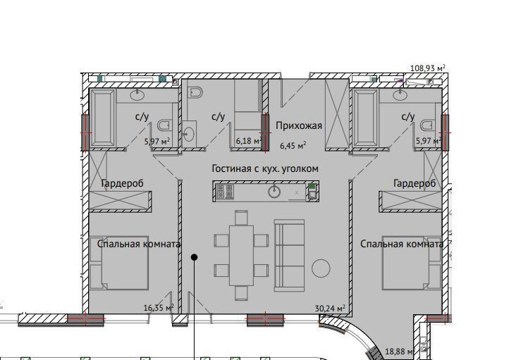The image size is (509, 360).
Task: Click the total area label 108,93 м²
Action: (427, 68)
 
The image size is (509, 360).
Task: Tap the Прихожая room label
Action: (299, 126)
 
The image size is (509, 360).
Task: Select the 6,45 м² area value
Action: (293, 146)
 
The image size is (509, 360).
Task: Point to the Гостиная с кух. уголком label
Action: (265, 168)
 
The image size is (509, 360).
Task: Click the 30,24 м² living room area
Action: (330, 308)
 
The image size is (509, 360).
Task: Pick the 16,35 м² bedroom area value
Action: (159, 307)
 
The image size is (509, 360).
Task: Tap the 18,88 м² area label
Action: (399, 352)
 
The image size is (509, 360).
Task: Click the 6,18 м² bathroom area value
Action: (249, 141)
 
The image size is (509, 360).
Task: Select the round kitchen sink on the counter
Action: (274, 192)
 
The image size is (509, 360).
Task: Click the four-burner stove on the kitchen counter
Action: (224, 191)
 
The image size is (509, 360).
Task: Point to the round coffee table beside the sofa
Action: (321, 268)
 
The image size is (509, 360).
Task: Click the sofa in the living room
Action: (289, 256)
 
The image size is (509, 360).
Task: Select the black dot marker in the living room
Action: (194, 257)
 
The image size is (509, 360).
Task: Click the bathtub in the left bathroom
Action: (102, 118)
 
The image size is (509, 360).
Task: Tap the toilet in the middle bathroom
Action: (195, 92)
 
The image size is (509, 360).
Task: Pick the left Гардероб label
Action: (123, 183)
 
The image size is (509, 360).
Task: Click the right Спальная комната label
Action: (402, 244)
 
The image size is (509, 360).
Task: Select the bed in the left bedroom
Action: (119, 263)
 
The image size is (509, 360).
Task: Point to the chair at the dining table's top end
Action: (241, 218)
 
